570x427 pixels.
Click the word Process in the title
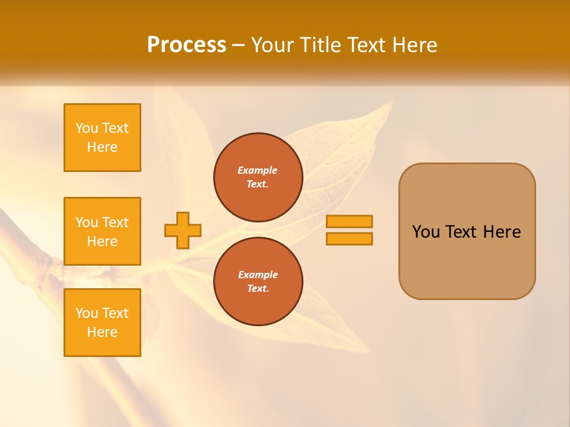pyautogui.click(x=186, y=45)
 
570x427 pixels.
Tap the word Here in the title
pyautogui.click(x=415, y=45)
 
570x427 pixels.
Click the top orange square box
pyautogui.click(x=102, y=138)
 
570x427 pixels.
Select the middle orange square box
pyautogui.click(x=102, y=231)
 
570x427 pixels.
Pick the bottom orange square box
pyautogui.click(x=102, y=323)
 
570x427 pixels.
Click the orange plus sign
pyautogui.click(x=183, y=230)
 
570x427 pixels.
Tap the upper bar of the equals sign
pyautogui.click(x=349, y=221)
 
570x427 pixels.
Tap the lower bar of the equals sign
pyautogui.click(x=349, y=239)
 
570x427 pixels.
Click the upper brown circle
pyautogui.click(x=258, y=177)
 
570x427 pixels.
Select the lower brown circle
pyautogui.click(x=258, y=282)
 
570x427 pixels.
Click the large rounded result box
pyautogui.click(x=467, y=231)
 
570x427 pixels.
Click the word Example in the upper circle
pyautogui.click(x=258, y=170)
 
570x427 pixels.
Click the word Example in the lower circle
pyautogui.click(x=258, y=275)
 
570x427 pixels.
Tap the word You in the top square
pyautogui.click(x=87, y=128)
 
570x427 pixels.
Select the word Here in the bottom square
pyautogui.click(x=102, y=332)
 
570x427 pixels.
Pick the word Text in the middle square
pyautogui.click(x=115, y=222)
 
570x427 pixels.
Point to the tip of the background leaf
pyautogui.click(x=391, y=101)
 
